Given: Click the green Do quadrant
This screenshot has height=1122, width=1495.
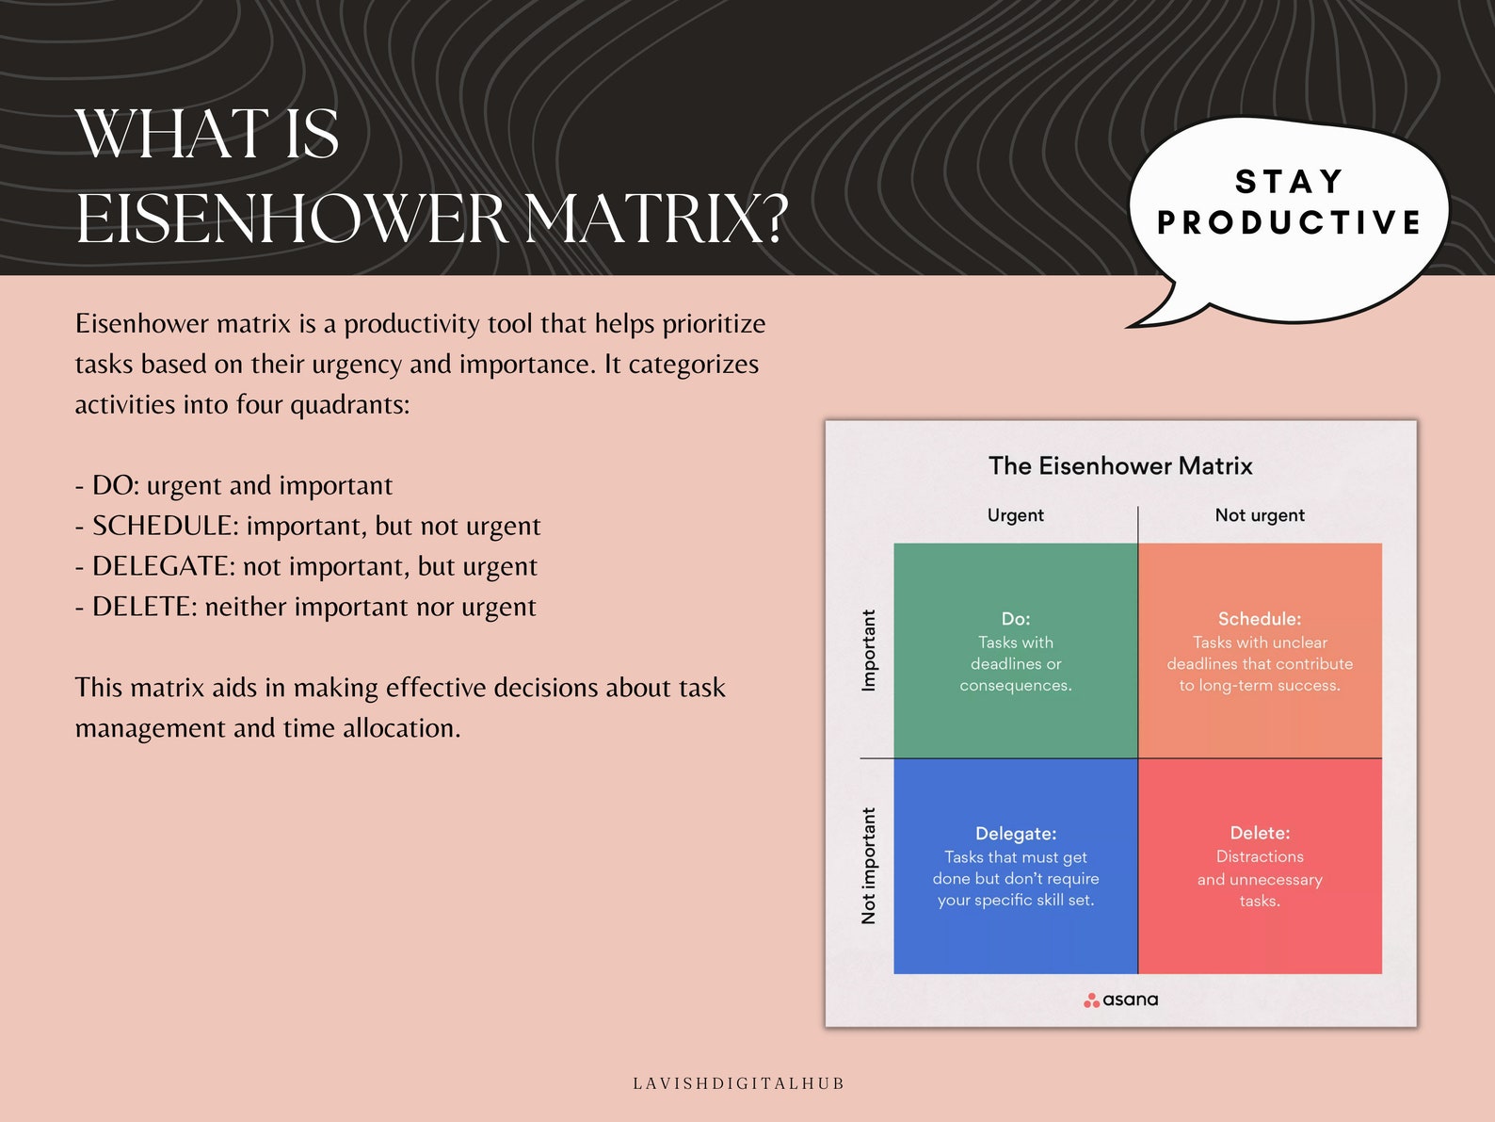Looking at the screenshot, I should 1015,650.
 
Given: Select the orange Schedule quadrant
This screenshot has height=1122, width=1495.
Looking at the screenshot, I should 1260,650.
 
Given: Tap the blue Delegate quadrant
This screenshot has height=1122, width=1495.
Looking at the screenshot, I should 1015,866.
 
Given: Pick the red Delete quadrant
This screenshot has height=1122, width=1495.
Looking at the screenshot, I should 1260,866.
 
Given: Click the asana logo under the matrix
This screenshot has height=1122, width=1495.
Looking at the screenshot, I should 1120,1000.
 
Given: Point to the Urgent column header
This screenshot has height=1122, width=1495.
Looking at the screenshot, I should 1015,515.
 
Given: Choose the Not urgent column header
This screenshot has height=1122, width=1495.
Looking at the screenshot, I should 1260,515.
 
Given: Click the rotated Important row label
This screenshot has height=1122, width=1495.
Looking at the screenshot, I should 868,650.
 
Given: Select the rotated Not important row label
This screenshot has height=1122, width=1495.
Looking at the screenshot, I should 868,866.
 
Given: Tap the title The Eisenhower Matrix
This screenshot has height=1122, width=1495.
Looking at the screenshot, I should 1120,465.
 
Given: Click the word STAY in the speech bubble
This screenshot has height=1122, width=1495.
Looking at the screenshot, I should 1289,181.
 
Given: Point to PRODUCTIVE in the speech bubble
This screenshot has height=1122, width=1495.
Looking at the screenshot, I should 1289,222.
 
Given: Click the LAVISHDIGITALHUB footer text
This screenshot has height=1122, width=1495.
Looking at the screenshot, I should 739,1083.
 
